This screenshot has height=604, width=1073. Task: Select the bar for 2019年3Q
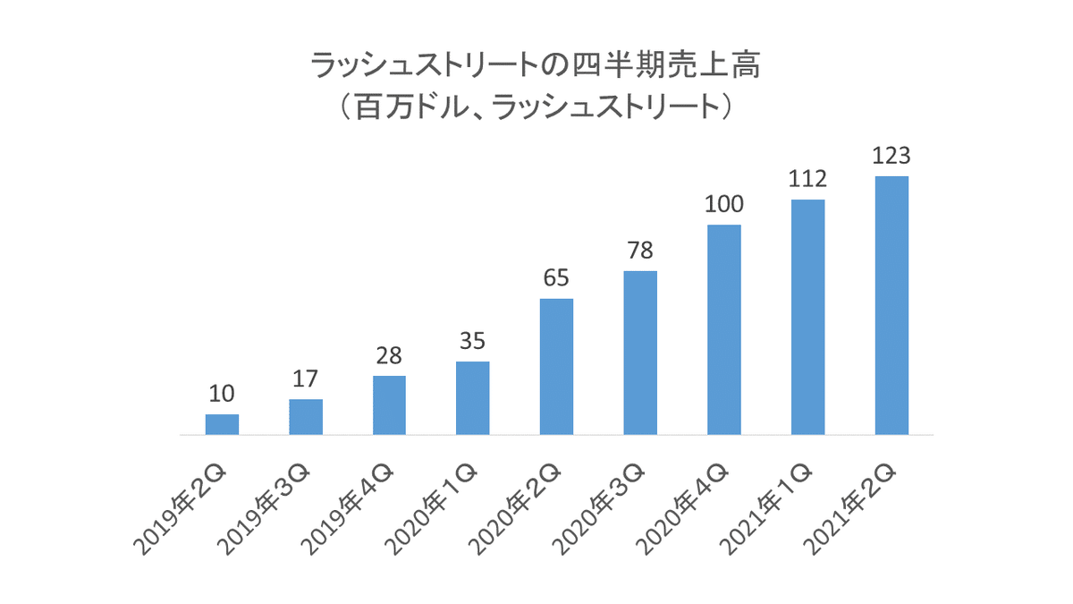306,417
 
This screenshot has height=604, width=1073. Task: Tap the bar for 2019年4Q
389,405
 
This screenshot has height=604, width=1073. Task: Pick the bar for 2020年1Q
473,398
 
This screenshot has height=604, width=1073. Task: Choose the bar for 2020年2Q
556,367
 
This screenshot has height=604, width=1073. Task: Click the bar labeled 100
724,329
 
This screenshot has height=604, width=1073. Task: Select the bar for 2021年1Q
807,318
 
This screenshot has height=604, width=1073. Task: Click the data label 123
891,156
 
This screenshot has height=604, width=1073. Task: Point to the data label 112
807,179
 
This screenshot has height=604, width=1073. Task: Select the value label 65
556,278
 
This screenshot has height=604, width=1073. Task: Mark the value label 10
222,394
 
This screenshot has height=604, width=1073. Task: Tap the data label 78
640,251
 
